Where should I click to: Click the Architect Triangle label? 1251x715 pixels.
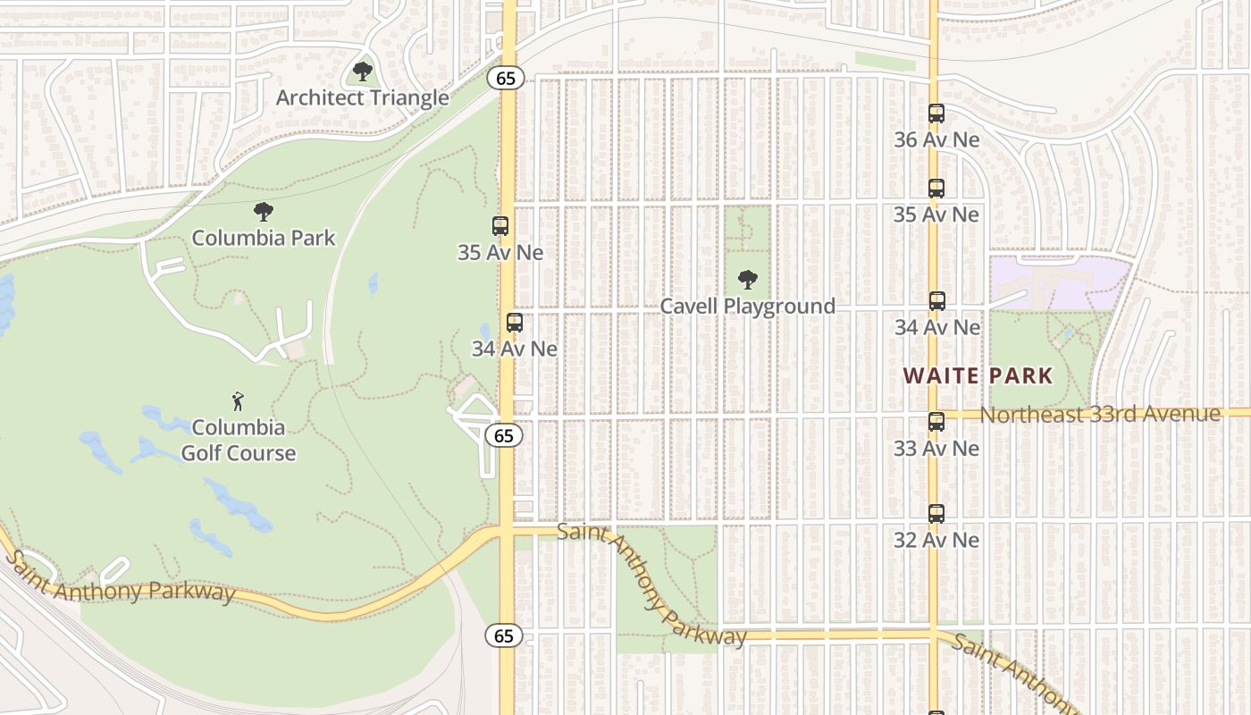(x=362, y=97)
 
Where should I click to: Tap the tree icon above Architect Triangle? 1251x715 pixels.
(x=362, y=71)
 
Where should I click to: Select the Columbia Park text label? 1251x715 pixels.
(x=264, y=238)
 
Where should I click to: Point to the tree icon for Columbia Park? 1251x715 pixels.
(x=263, y=212)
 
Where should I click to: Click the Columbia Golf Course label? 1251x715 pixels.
(x=239, y=440)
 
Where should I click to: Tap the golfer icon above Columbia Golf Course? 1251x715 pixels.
(x=238, y=401)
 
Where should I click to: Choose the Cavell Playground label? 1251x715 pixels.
(x=748, y=306)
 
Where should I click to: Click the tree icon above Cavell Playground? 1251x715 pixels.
(x=748, y=280)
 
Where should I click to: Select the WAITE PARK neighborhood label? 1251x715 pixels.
(x=978, y=375)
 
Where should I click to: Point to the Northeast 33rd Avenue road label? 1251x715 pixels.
(x=1100, y=415)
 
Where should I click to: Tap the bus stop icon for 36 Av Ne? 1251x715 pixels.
(x=936, y=114)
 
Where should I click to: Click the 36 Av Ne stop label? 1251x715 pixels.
(x=936, y=139)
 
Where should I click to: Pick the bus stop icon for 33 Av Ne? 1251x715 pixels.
(x=936, y=422)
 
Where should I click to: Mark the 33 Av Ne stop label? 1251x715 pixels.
(x=936, y=448)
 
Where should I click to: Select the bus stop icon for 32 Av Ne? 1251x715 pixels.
(x=936, y=514)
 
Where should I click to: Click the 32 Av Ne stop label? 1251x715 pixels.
(x=936, y=540)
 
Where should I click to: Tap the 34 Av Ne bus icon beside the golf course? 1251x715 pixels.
(x=515, y=323)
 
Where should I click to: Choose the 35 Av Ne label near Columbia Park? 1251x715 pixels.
(x=500, y=252)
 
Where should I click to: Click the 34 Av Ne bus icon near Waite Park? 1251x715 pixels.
(x=936, y=301)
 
